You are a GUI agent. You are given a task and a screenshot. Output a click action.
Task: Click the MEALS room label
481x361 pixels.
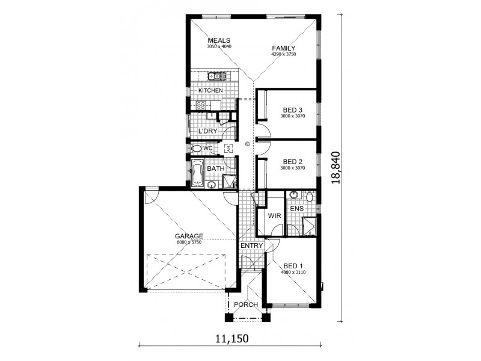coord(219,40)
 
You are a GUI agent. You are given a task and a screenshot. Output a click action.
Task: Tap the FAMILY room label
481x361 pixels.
coord(284,48)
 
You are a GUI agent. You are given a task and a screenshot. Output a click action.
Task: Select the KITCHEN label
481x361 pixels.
coord(210,91)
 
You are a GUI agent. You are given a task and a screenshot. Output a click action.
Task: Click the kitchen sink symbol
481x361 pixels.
coord(214,76)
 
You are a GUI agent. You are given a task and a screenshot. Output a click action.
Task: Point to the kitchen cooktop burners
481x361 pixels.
coord(201,106)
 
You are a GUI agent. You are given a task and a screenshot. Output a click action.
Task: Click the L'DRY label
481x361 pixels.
coord(207,131)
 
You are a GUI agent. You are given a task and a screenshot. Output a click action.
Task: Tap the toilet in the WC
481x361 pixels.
coord(197,149)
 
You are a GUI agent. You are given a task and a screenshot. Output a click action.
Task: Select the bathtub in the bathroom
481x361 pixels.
coord(197,173)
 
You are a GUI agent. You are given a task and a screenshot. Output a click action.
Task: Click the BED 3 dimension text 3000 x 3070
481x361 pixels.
coord(293,116)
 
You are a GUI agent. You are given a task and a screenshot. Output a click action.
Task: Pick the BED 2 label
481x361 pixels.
coord(293,161)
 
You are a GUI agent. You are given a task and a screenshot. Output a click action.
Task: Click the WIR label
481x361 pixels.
coord(274,216)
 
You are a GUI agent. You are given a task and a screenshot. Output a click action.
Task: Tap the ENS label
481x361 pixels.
coord(296,209)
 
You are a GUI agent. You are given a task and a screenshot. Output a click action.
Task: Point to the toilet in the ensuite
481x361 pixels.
coord(310,196)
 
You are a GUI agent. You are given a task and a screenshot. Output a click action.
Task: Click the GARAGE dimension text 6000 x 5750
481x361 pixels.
coord(189,242)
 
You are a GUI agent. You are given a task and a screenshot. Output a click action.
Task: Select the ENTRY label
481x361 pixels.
coord(251,245)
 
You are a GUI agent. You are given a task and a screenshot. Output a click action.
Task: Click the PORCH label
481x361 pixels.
coord(246,304)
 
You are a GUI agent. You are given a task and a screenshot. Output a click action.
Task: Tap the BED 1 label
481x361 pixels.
coord(293,266)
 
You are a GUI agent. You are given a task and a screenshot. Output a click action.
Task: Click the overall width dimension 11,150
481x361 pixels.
coord(231,339)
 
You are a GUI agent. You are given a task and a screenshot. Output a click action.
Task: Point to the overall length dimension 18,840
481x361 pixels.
coord(336,168)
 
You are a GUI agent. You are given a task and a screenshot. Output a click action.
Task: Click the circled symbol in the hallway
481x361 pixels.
coord(247,144)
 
